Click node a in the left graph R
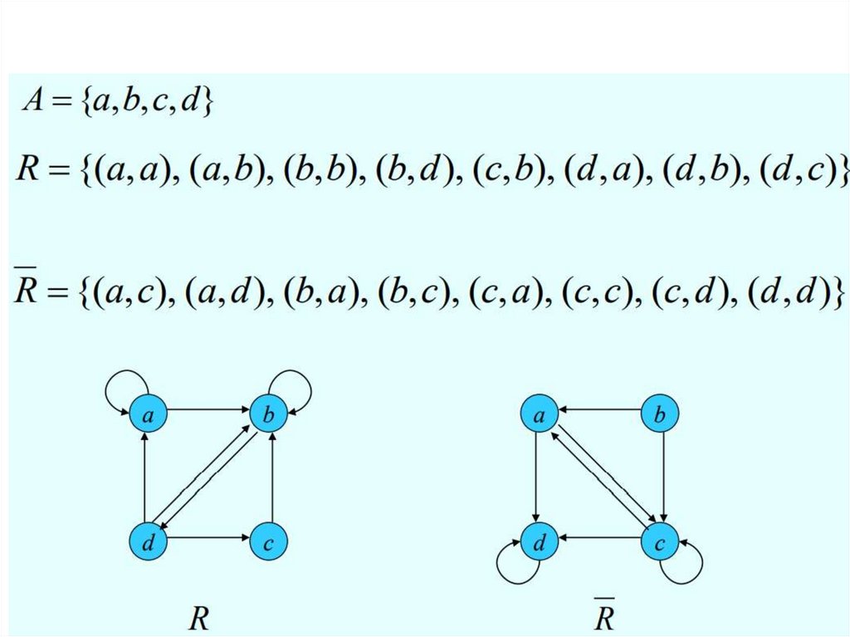[x=146, y=415]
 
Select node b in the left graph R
[x=269, y=415]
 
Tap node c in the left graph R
[x=269, y=542]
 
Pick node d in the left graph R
[x=146, y=542]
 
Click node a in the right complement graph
[x=538, y=415]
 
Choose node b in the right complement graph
[x=660, y=415]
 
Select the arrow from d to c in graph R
[x=208, y=537]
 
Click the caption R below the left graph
[x=198, y=619]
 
